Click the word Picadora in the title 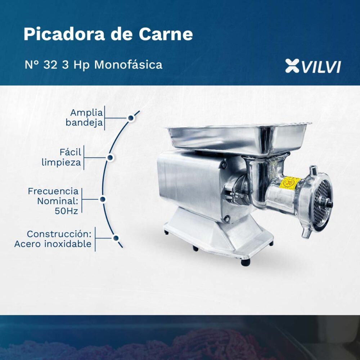point(64,34)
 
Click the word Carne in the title point(166,34)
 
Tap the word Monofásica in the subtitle point(128,64)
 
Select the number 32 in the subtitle point(50,65)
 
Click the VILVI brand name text point(321,67)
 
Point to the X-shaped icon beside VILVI point(292,66)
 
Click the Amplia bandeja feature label point(84,117)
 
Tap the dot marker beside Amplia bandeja point(131,118)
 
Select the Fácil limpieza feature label point(62,157)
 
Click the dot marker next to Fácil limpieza point(110,158)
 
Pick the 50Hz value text point(67,211)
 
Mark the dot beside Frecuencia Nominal point(103,199)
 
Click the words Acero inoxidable point(53,244)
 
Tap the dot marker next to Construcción point(116,238)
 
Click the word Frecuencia point(53,191)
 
